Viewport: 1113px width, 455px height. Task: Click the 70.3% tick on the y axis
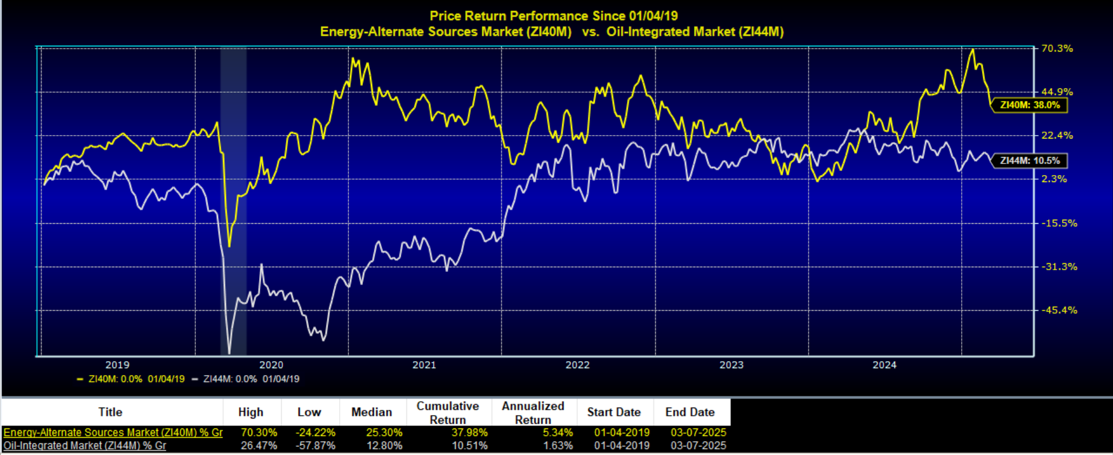pos(1056,49)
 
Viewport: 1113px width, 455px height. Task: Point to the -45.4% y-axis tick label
pos(1059,310)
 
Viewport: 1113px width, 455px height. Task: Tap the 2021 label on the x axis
pos(424,365)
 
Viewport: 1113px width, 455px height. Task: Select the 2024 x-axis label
pos(884,365)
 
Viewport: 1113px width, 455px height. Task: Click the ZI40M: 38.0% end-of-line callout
pos(1030,105)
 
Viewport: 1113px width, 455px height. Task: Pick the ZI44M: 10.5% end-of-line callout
pos(1030,161)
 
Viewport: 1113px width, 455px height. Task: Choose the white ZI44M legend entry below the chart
pos(246,379)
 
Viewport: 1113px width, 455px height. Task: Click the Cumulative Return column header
pos(448,413)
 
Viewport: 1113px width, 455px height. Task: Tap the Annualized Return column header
pos(533,413)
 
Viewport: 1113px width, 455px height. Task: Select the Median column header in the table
pos(371,412)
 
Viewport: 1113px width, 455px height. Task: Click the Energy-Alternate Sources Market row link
pos(113,432)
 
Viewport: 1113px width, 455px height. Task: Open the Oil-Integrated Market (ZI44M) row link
pos(85,446)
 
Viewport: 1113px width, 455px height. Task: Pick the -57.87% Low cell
pos(315,446)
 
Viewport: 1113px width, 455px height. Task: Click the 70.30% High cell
pos(259,432)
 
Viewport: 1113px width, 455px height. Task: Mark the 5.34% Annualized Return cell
pos(558,432)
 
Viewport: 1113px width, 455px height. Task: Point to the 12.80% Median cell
pos(384,446)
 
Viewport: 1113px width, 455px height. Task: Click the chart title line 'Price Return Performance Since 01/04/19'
pos(553,16)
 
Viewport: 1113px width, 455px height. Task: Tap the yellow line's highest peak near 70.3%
pos(973,50)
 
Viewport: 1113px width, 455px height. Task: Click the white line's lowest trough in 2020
pos(229,352)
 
